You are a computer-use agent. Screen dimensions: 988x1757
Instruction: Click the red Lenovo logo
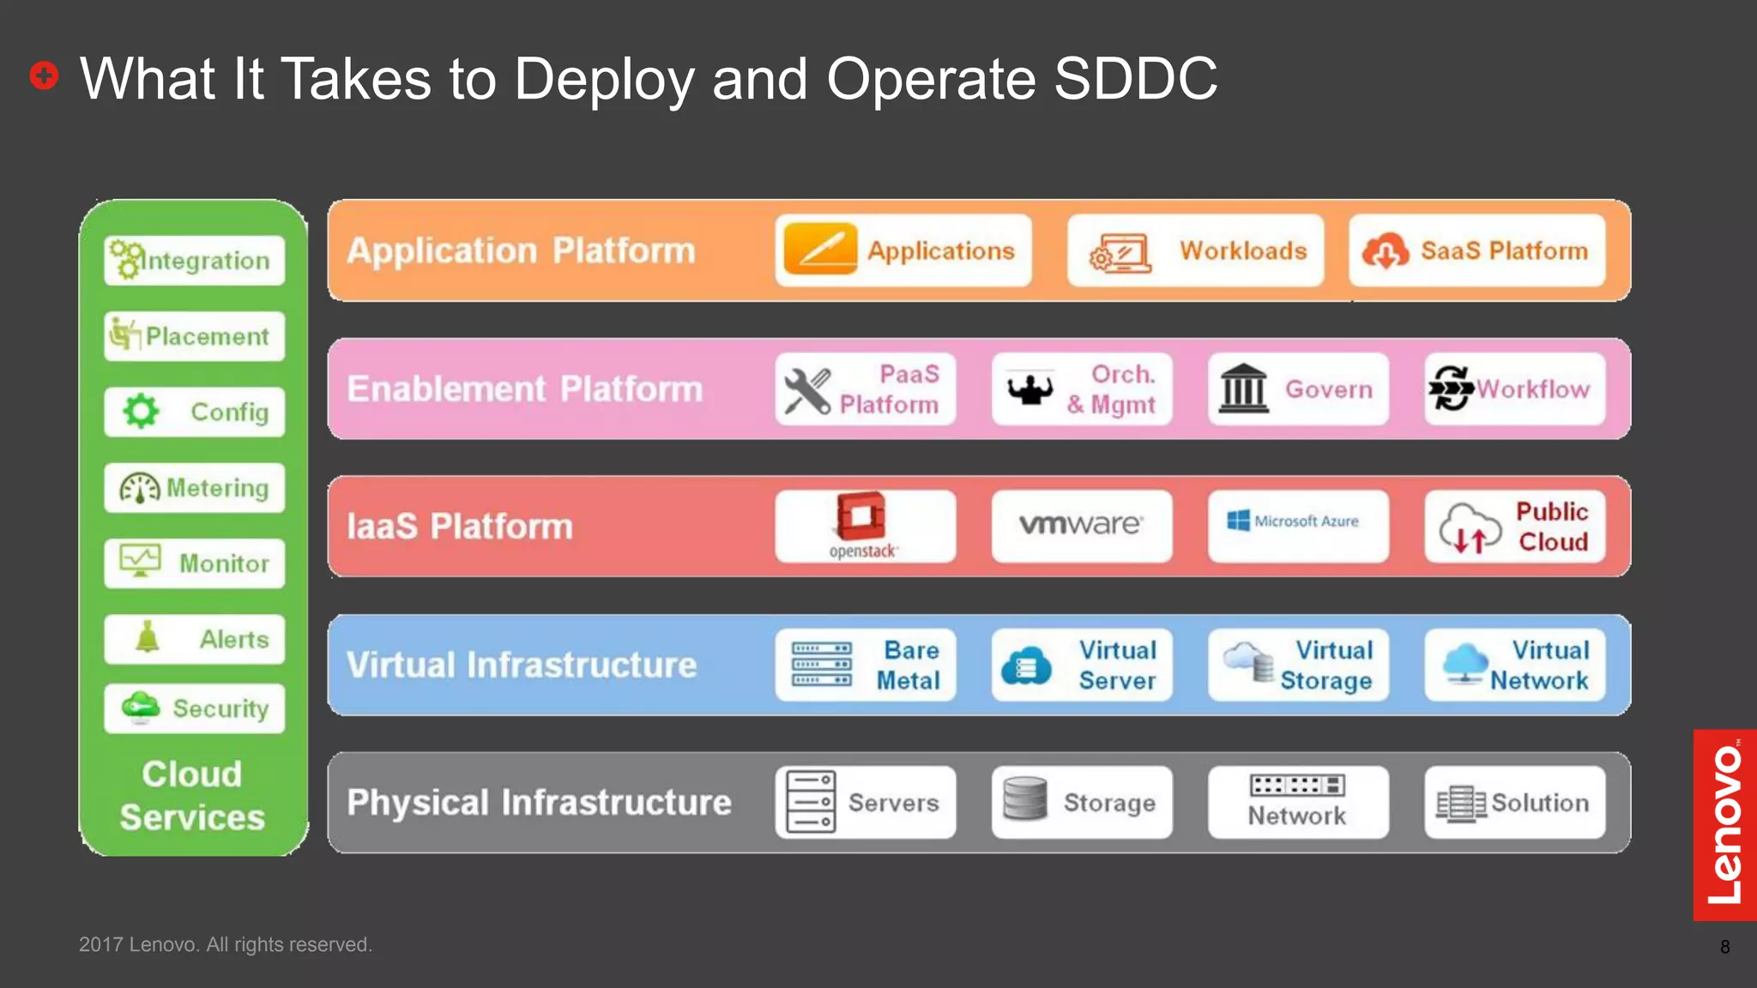click(1724, 825)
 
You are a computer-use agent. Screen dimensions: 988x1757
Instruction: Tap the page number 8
click(1724, 947)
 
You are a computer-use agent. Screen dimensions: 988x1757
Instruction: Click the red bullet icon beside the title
click(44, 75)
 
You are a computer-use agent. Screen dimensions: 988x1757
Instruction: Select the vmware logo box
click(1081, 525)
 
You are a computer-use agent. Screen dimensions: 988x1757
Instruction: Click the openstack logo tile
click(865, 526)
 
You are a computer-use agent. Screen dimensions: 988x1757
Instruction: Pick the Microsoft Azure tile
click(1297, 525)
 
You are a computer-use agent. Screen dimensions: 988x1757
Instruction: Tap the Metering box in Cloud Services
click(195, 488)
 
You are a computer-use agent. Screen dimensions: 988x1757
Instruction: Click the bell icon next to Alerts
click(148, 638)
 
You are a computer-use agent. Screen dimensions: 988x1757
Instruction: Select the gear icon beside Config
click(141, 412)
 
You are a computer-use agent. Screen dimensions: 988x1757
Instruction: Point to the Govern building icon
click(1243, 389)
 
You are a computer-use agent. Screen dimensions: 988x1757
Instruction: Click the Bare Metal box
click(865, 665)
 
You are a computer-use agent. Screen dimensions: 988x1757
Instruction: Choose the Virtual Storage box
click(1297, 665)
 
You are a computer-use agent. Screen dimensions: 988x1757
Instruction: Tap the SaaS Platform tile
click(1476, 250)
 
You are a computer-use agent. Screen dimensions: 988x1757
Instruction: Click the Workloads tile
click(1195, 250)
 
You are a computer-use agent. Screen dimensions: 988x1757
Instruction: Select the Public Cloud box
click(1514, 526)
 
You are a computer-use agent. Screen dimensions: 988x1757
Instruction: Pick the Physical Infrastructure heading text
click(539, 803)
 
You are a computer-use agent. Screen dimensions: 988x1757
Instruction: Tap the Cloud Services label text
click(192, 795)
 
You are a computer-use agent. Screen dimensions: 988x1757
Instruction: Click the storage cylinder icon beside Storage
click(1024, 799)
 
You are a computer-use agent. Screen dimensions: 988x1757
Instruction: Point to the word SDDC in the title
click(1134, 79)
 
